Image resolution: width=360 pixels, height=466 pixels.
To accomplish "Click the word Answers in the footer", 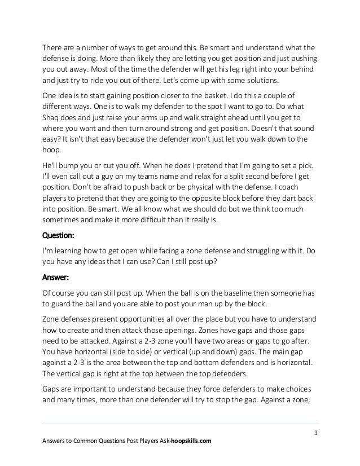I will coord(56,441).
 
